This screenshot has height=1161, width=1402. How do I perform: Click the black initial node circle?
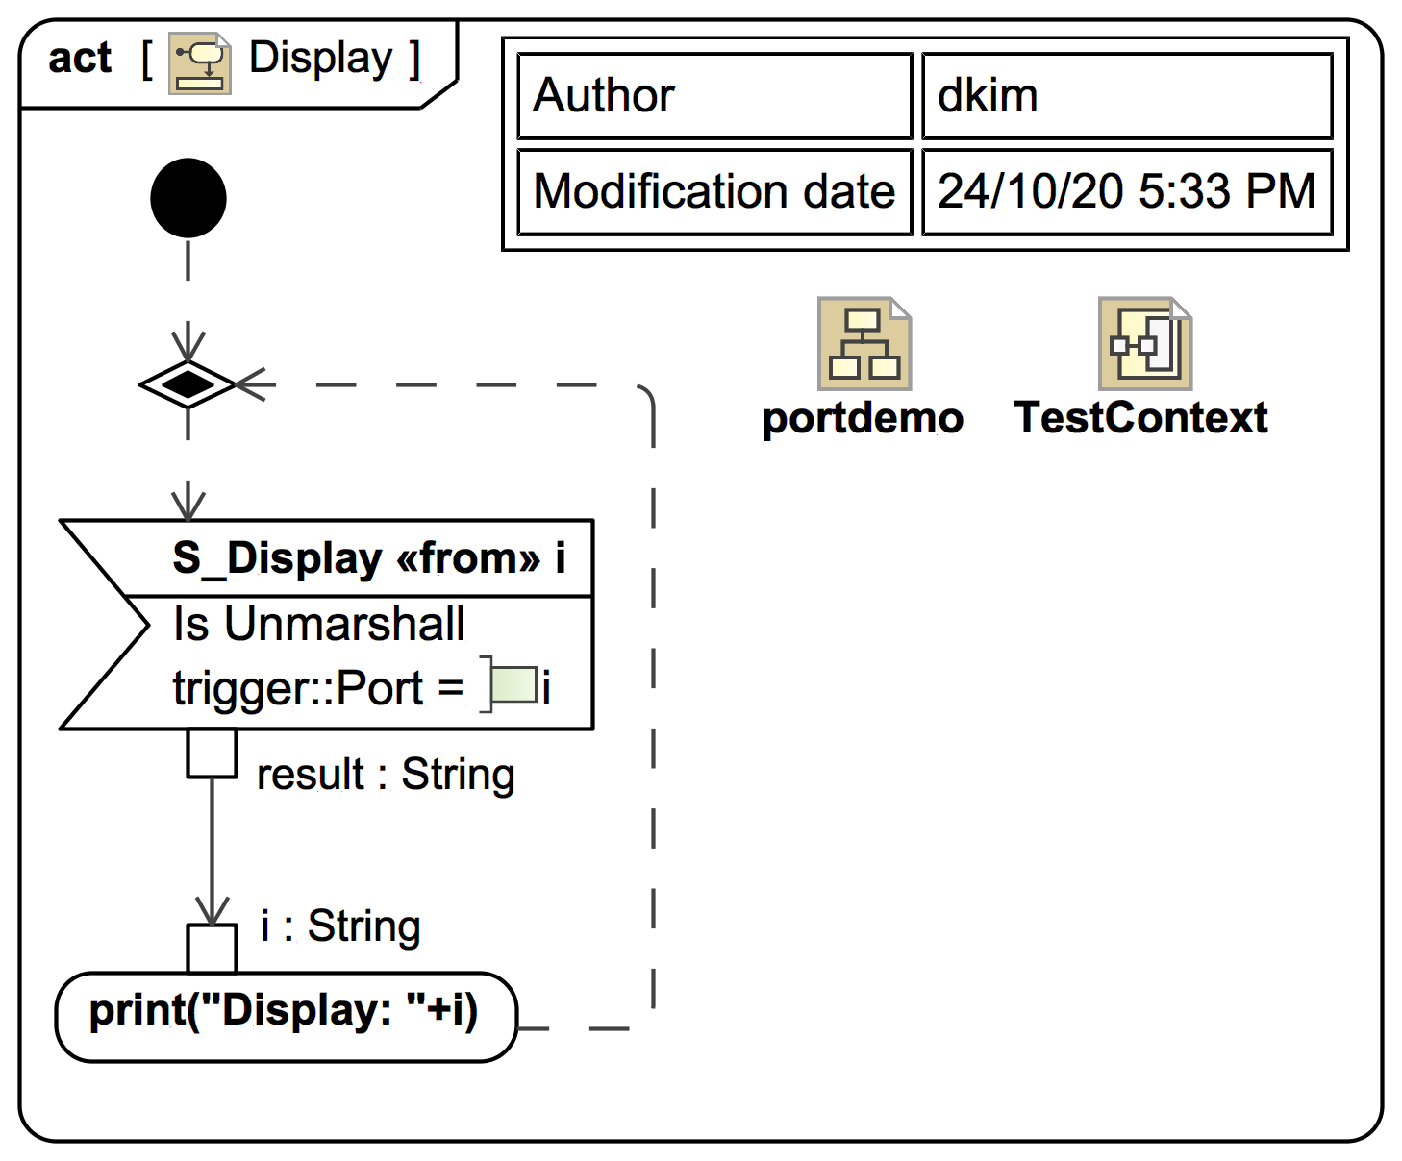(x=188, y=198)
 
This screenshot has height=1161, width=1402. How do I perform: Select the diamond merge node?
(x=188, y=385)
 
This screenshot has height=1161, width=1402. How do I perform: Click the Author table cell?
(x=714, y=96)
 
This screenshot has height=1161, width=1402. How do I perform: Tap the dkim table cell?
(x=1127, y=96)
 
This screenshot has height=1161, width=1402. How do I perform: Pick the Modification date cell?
(x=714, y=191)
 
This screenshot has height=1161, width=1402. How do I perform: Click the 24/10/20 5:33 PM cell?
(x=1127, y=191)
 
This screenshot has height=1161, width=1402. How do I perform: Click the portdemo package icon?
(x=864, y=344)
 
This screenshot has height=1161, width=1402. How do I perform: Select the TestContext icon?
(x=1144, y=344)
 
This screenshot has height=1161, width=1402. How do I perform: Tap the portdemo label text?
(x=863, y=418)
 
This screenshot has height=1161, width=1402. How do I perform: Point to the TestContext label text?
(x=1141, y=418)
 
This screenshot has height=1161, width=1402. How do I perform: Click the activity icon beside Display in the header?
(x=200, y=63)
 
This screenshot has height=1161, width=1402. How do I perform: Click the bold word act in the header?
(x=80, y=59)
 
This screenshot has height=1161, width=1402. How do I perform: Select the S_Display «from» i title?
(x=368, y=558)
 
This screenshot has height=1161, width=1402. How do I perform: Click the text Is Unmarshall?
(x=318, y=624)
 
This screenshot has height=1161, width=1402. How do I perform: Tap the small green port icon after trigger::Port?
(x=512, y=685)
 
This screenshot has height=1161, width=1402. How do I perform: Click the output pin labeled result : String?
(x=212, y=753)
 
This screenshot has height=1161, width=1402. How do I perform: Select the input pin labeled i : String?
(x=212, y=949)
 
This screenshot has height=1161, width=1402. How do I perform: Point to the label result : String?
(x=386, y=775)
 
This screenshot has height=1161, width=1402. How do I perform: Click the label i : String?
(x=340, y=926)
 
